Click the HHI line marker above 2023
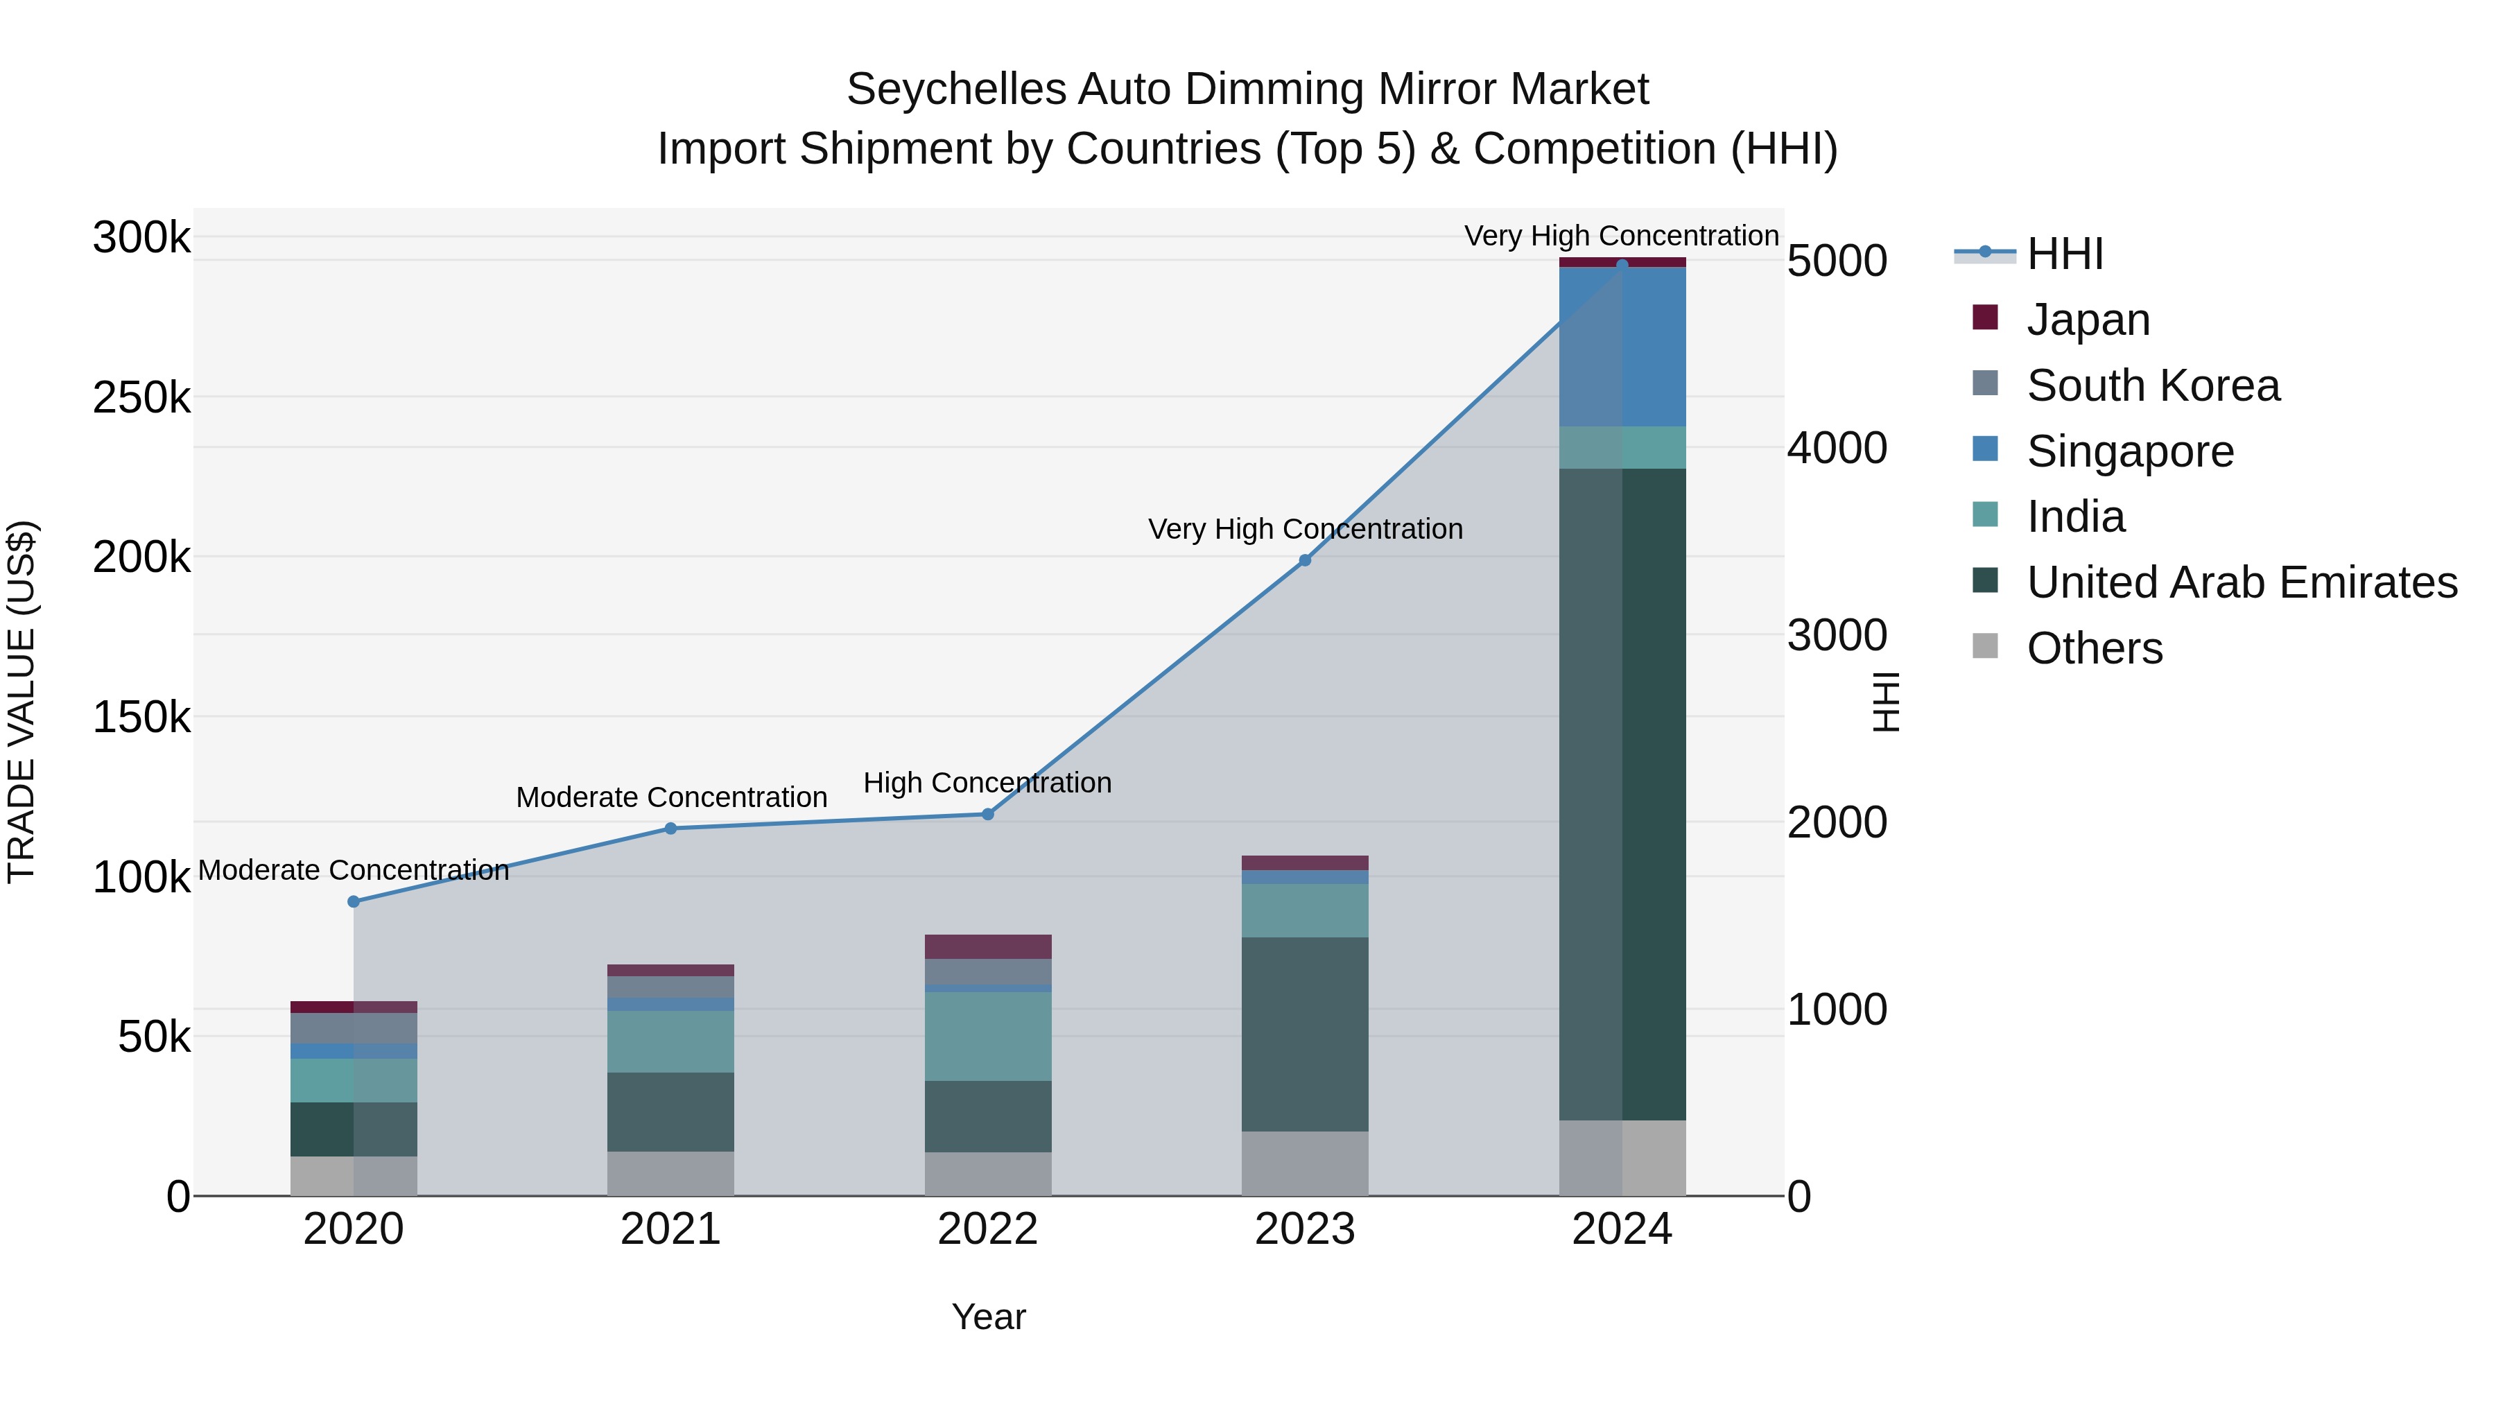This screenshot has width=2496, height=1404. [x=1304, y=560]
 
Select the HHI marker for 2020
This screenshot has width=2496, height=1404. [x=354, y=901]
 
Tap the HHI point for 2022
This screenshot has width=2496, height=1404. [x=987, y=814]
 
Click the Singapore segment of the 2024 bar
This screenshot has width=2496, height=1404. [x=1622, y=346]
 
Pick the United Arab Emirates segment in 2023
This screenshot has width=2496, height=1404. [x=1304, y=1033]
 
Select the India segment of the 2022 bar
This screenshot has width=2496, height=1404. [x=987, y=1036]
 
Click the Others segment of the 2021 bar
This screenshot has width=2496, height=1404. [x=670, y=1172]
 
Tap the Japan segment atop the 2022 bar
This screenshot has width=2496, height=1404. [x=987, y=946]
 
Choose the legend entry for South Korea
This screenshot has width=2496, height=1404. [x=2152, y=385]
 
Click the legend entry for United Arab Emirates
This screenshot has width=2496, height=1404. [x=2241, y=582]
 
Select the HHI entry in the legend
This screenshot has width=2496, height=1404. [x=2064, y=254]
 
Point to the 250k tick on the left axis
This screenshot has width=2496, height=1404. [x=141, y=397]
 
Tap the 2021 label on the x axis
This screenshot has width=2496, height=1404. [x=670, y=1229]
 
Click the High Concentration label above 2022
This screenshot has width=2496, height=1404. [x=987, y=782]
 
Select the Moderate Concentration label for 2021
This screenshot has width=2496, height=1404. [x=670, y=797]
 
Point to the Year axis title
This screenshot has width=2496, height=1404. [x=987, y=1317]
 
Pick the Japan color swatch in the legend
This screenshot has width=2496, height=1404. [x=1984, y=318]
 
